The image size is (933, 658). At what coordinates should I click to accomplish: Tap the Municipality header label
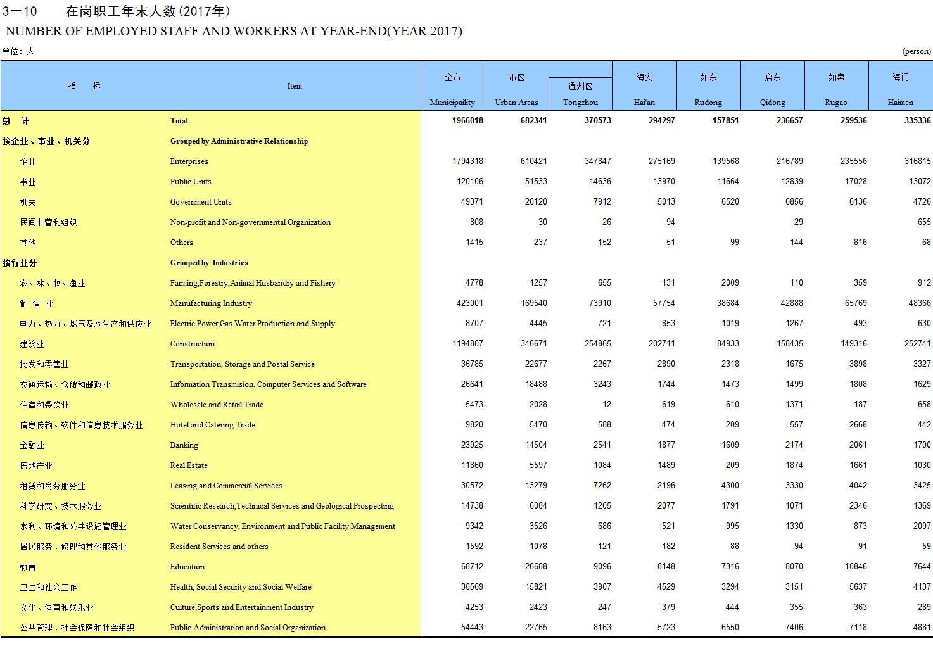click(x=452, y=102)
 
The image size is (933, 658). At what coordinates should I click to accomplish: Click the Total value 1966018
click(x=467, y=121)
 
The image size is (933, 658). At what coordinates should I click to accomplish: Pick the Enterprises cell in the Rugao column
click(x=853, y=161)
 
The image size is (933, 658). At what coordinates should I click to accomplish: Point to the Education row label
click(x=187, y=567)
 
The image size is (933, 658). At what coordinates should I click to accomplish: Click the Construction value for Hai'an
click(x=661, y=344)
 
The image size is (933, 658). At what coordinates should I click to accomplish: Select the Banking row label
click(x=184, y=445)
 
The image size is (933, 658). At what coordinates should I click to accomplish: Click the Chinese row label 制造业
click(x=37, y=303)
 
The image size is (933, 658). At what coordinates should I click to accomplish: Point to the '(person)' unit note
click(x=916, y=51)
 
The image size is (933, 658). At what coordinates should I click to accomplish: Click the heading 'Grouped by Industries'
click(x=209, y=263)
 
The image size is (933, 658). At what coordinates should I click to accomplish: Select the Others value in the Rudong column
click(x=734, y=243)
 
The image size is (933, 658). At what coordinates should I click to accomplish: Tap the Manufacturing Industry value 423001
click(x=469, y=303)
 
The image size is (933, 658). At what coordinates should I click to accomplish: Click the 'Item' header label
click(x=295, y=86)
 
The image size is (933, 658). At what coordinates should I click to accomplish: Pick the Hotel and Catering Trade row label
click(x=213, y=425)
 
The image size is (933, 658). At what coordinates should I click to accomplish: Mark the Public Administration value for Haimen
click(x=922, y=628)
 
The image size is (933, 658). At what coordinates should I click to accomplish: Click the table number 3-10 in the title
click(x=20, y=11)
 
